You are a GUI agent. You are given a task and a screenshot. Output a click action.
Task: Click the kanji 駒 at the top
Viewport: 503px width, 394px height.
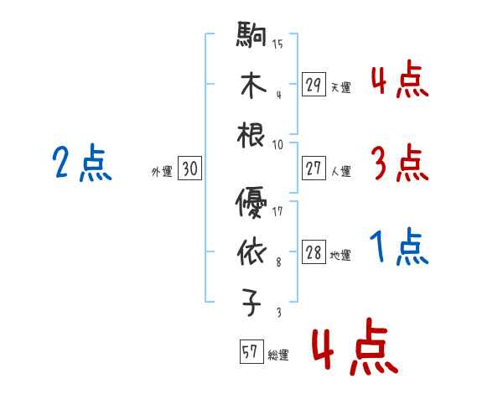(x=251, y=37)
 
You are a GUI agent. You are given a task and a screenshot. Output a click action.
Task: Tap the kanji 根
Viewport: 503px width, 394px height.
(x=251, y=136)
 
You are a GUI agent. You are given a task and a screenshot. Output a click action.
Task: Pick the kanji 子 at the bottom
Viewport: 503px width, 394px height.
(x=251, y=303)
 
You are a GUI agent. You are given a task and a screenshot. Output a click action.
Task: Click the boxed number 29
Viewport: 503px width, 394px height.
(x=314, y=85)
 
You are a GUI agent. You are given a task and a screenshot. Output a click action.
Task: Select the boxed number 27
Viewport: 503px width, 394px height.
(x=314, y=168)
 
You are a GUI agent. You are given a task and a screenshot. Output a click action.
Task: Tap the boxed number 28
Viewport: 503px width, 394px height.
(x=314, y=253)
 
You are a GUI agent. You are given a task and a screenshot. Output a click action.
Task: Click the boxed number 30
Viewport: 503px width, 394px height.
(x=189, y=169)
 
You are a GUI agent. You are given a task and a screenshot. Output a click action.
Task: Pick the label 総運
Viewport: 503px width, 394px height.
(x=278, y=355)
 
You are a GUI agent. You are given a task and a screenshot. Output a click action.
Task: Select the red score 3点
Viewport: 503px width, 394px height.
(x=398, y=163)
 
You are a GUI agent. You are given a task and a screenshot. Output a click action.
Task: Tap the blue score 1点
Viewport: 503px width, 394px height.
(x=398, y=247)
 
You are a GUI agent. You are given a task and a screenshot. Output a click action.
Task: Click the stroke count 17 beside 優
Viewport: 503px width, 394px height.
(x=277, y=211)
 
